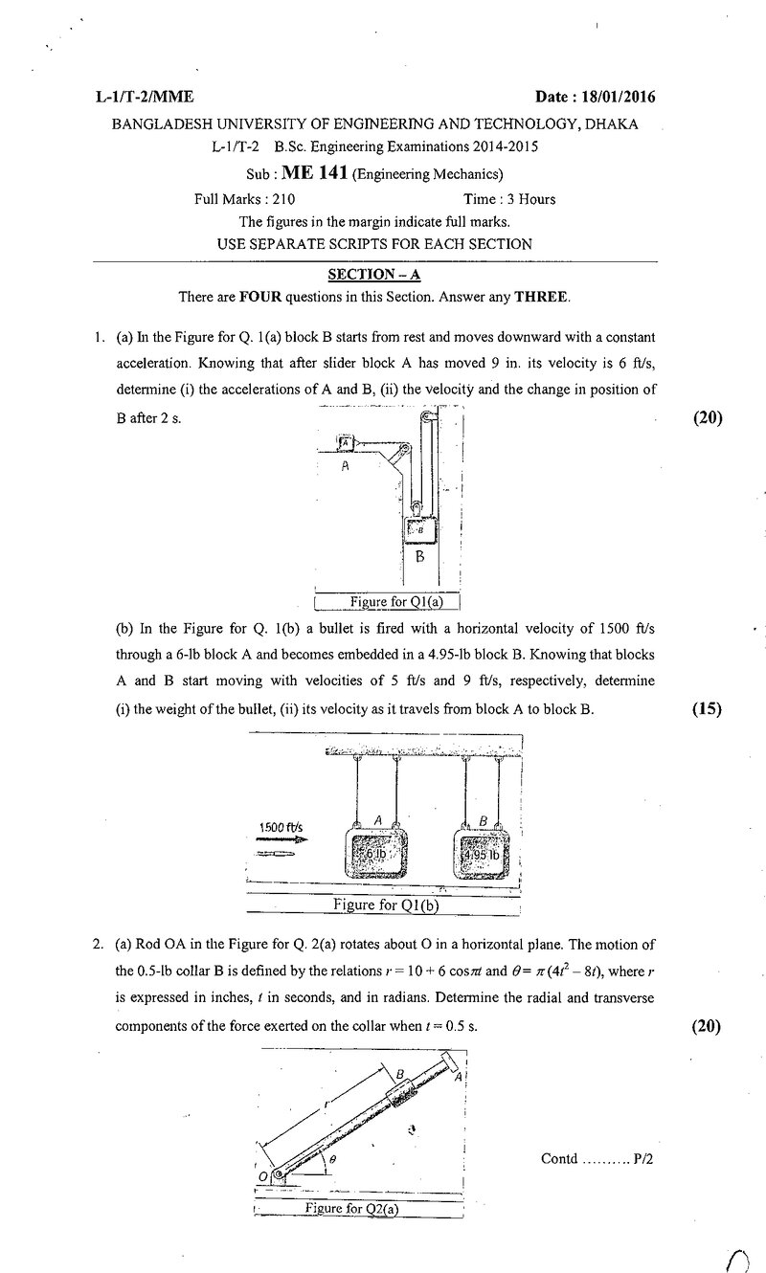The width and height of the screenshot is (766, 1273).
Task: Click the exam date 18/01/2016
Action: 619,97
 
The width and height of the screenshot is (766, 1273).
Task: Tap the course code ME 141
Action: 314,172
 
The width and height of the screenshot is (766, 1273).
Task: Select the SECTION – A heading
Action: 374,275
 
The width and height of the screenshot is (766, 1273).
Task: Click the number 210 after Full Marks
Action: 283,199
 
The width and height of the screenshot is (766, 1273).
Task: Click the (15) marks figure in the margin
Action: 707,708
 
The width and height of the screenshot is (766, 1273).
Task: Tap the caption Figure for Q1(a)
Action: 396,601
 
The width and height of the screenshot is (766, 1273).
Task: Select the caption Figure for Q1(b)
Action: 386,904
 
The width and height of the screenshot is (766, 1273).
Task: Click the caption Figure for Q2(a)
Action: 351,1208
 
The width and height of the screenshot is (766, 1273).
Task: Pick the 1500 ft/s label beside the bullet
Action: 281,827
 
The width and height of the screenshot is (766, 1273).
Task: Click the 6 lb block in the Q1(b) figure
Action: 376,854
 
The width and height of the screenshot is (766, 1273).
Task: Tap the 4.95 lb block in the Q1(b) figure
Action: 481,854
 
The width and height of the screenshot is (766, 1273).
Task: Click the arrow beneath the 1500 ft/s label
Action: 283,839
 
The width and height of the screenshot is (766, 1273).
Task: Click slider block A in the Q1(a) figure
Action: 346,442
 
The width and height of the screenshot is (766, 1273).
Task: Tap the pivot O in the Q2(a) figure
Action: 279,1174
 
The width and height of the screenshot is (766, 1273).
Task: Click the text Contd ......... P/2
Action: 597,1159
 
